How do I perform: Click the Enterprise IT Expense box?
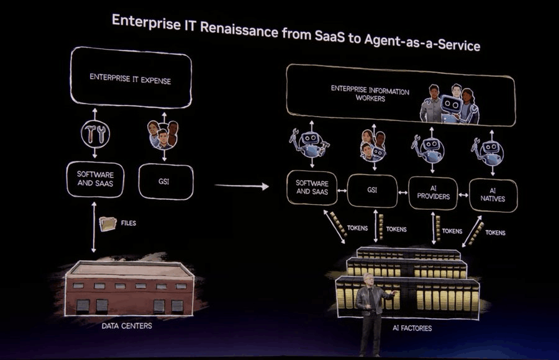130,79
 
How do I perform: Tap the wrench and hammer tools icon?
95,133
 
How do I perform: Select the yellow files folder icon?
108,223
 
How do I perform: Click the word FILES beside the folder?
129,222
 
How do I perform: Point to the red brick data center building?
129,289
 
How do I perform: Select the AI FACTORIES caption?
412,328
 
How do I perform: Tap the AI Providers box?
433,194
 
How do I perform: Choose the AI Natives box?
493,194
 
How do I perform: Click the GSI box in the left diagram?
165,181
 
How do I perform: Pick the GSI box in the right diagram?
371,191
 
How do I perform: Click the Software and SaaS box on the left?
95,179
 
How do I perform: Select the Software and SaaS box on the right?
312,187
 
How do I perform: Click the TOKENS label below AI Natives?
495,233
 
